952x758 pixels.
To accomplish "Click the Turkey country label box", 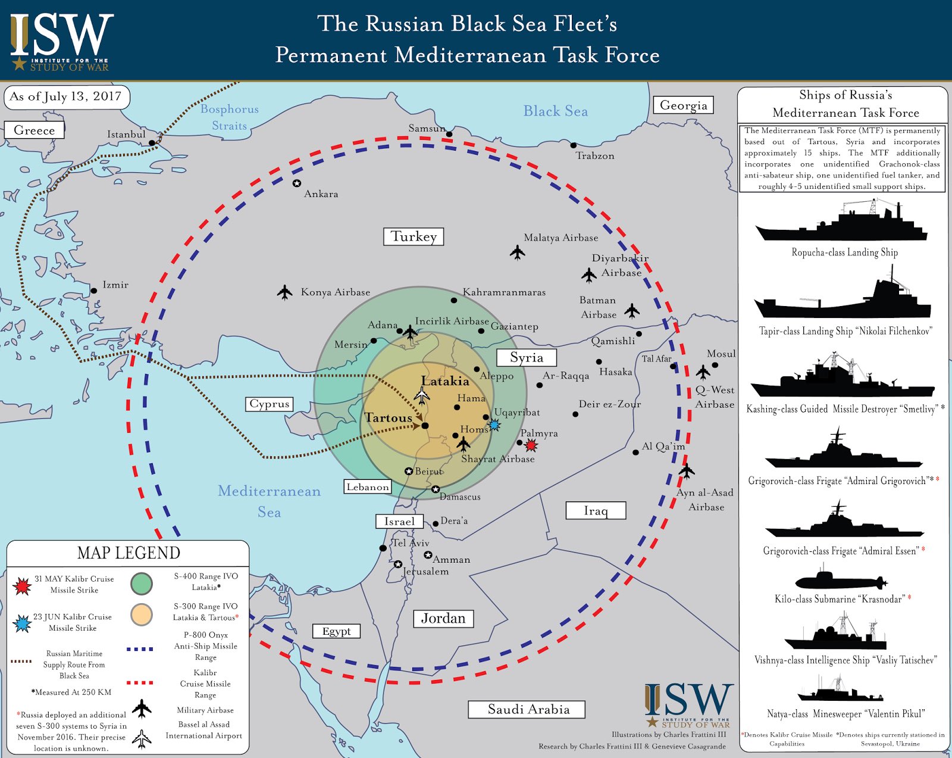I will pyautogui.click(x=414, y=236).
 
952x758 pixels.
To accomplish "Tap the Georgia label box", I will pyautogui.click(x=683, y=105).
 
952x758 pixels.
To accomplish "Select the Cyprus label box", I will pyautogui.click(x=270, y=404).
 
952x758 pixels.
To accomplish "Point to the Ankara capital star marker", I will pyautogui.click(x=297, y=183).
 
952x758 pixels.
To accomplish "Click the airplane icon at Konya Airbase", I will pyautogui.click(x=285, y=292).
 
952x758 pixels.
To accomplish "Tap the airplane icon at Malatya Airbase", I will pyautogui.click(x=518, y=252).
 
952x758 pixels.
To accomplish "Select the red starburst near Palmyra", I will pyautogui.click(x=531, y=445).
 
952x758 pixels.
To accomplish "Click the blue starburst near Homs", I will pyautogui.click(x=493, y=425).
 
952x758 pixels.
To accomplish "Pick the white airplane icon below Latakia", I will pyautogui.click(x=422, y=395).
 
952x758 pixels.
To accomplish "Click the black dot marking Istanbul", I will pyautogui.click(x=152, y=143).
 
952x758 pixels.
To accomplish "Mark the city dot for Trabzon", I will pyautogui.click(x=574, y=145).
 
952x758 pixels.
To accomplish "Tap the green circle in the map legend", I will pyautogui.click(x=142, y=583).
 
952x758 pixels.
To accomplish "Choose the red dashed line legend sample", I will pyautogui.click(x=140, y=682).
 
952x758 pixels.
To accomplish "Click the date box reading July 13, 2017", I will pyautogui.click(x=67, y=97).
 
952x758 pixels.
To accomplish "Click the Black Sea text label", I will pyautogui.click(x=555, y=111).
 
